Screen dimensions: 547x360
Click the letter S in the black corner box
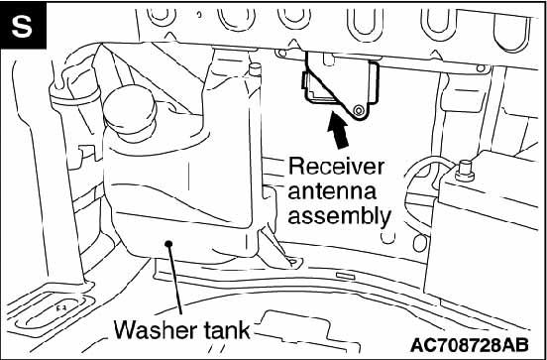pos(22,26)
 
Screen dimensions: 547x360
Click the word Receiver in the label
pos(336,167)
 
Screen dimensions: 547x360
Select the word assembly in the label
pos(339,216)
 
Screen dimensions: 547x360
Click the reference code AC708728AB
pos(469,345)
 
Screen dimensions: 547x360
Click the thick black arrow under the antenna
pos(338,130)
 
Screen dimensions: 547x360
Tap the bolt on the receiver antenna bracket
pos(357,110)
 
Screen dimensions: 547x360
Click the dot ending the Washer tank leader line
pos(169,243)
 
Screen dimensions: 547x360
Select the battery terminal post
pos(465,170)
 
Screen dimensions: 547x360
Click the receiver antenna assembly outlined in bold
pos(341,85)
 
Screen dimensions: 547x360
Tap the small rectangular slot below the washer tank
pos(346,276)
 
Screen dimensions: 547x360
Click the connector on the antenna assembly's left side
pos(305,80)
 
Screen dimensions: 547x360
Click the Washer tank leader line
pos(175,280)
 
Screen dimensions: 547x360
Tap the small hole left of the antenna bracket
pos(281,54)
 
